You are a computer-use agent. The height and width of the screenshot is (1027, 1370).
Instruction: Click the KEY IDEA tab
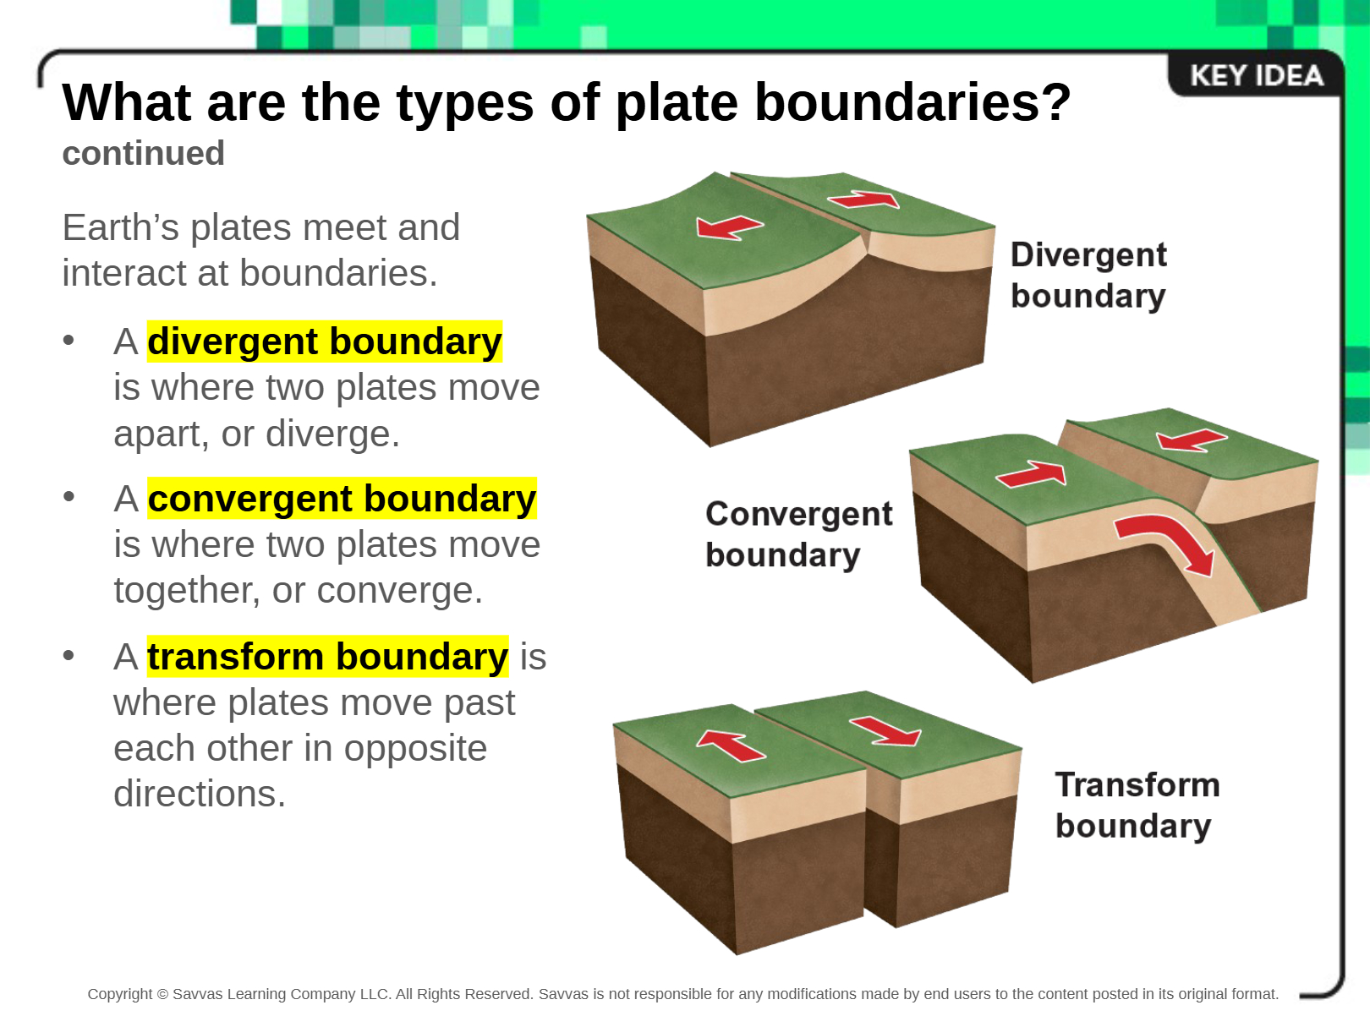coord(1256,76)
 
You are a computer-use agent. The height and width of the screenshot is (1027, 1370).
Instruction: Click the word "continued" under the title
coord(144,153)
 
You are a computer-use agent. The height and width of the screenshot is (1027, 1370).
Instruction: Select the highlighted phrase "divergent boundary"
coord(325,341)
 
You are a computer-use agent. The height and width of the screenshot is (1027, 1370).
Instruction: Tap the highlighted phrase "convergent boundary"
coord(342,499)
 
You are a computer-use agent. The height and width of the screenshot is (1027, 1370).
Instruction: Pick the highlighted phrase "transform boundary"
coord(328,657)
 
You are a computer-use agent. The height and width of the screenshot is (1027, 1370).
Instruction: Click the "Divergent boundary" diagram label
coord(1088,275)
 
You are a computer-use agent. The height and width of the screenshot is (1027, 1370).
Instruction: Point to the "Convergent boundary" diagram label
coord(799,534)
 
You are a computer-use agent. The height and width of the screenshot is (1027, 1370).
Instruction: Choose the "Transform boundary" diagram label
coord(1137,805)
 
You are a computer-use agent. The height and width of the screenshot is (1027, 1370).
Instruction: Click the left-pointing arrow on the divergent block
coord(729,227)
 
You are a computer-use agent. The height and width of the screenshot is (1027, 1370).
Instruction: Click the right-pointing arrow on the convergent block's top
coord(1032,474)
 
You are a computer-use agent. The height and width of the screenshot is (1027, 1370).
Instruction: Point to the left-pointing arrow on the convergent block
coord(1192,440)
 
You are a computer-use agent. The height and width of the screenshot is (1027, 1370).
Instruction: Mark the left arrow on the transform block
coord(731,746)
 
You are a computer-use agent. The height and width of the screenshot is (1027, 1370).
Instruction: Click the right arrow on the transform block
coord(885,731)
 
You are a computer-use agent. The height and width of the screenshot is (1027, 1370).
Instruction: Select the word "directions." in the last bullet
coord(200,794)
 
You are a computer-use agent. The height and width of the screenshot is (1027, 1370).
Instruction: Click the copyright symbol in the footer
coord(162,994)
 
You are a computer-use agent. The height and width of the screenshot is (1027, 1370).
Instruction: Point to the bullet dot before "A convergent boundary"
coord(68,497)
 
